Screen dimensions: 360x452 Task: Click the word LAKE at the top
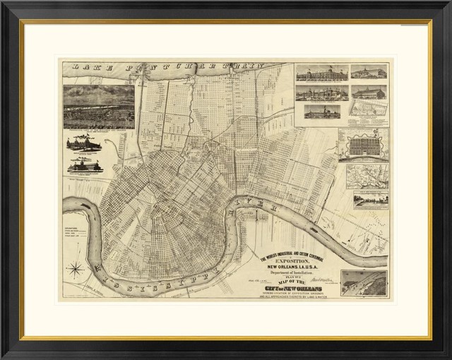(x=78, y=70)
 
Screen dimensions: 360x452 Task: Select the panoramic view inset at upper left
(x=98, y=107)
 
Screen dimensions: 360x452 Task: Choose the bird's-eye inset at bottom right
(x=363, y=282)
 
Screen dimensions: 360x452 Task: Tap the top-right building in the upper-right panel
(x=369, y=73)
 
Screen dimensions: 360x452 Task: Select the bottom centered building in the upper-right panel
(x=322, y=111)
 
